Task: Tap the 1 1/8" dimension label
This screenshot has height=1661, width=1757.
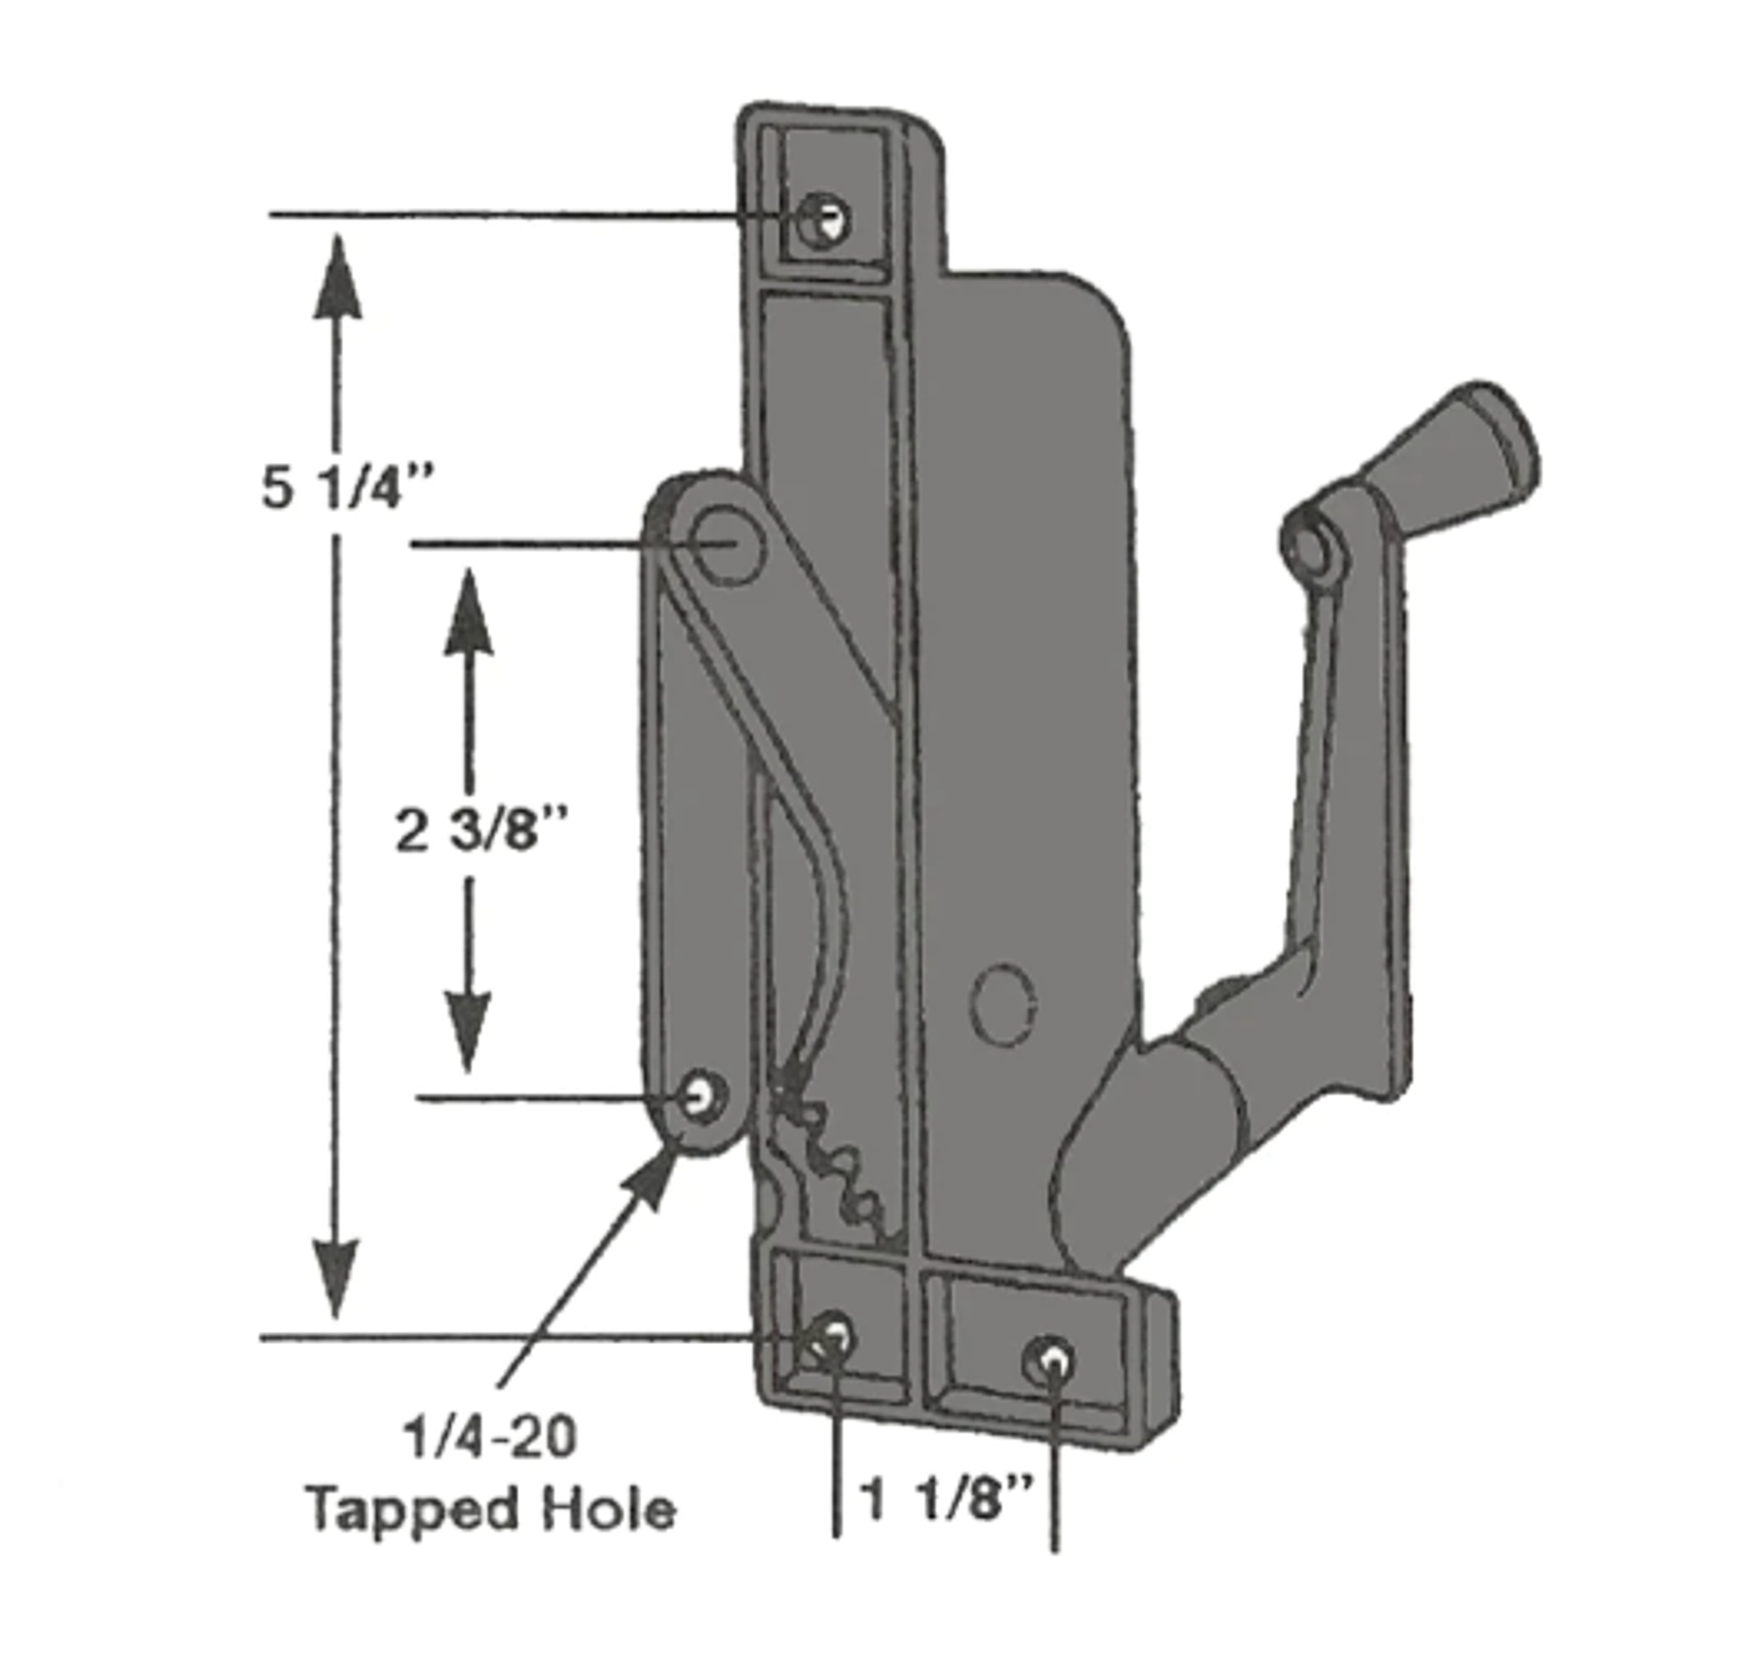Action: tap(946, 1500)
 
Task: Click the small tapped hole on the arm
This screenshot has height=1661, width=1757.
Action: tap(701, 1096)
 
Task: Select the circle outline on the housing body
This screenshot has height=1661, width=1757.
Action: tap(1003, 1005)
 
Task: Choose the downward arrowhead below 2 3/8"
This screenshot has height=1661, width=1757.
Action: tap(467, 1029)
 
